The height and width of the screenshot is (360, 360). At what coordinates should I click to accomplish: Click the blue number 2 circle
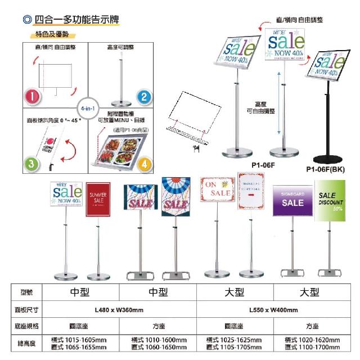click(x=145, y=96)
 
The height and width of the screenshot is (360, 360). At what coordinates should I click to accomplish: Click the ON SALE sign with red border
click(x=217, y=189)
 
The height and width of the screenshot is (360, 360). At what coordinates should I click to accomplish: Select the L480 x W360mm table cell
click(x=120, y=310)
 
